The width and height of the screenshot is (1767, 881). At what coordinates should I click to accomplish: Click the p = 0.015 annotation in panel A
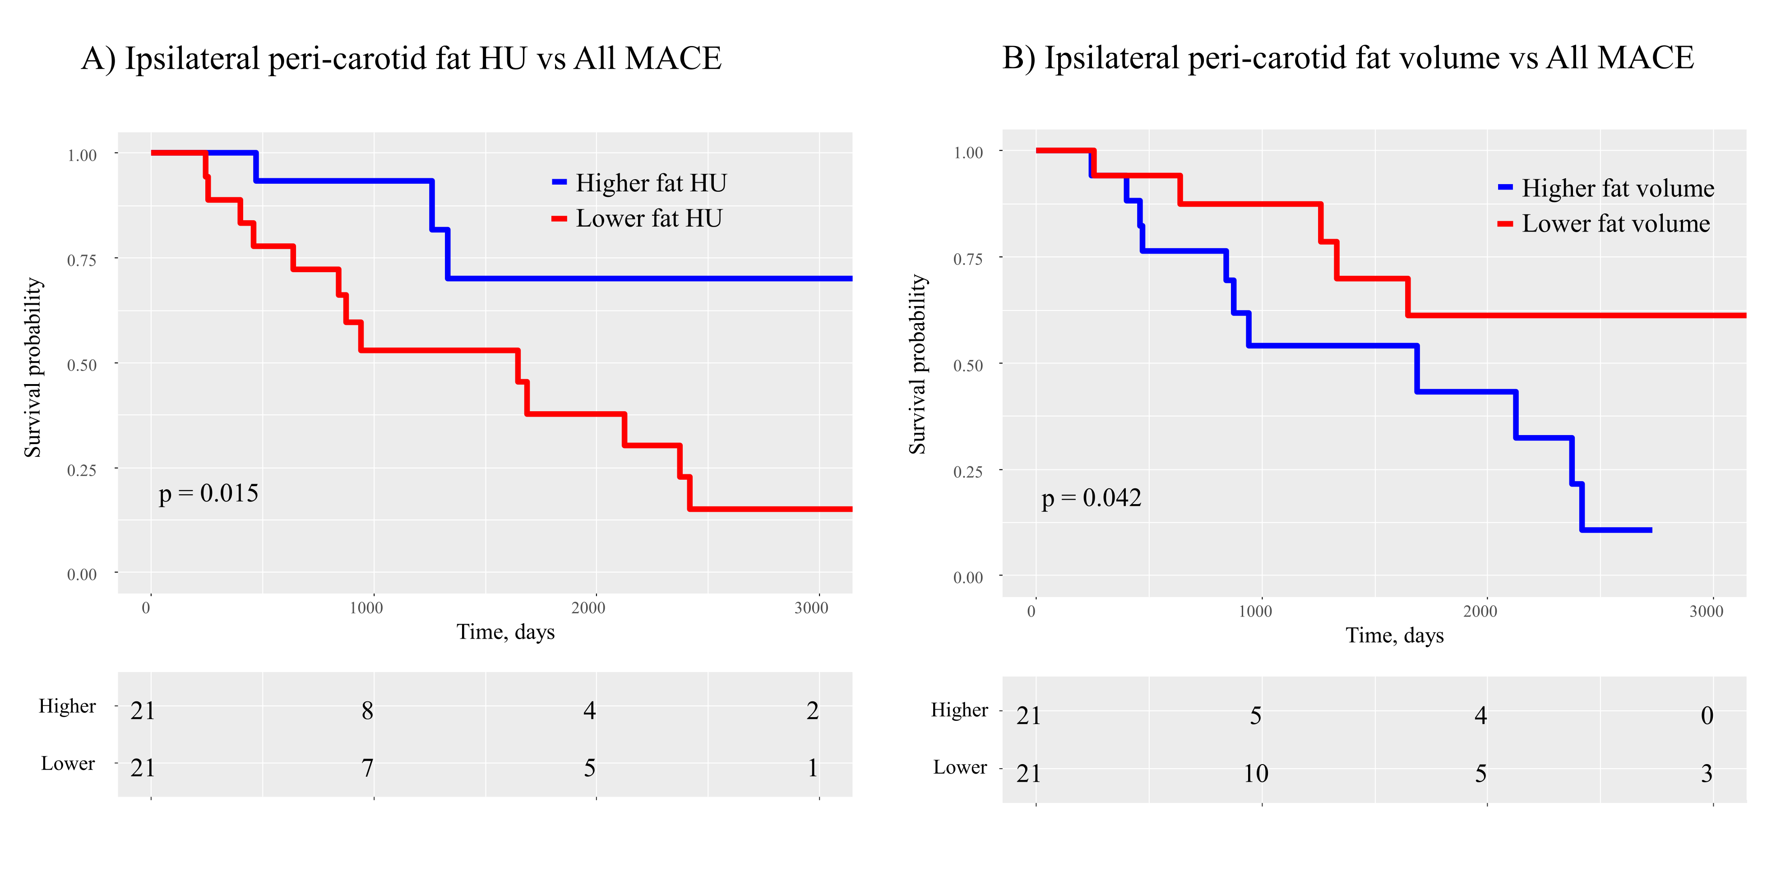click(208, 493)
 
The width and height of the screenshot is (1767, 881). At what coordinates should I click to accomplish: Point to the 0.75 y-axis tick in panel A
click(82, 260)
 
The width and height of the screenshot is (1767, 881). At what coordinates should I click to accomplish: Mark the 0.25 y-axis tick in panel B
click(968, 471)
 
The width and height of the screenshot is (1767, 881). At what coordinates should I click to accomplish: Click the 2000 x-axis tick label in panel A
click(588, 608)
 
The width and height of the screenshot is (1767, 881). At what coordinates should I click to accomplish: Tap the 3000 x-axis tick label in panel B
click(1706, 612)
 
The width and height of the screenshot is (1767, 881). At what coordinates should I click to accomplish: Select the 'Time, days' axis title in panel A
click(505, 632)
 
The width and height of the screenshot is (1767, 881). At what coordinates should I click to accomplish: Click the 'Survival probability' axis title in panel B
click(918, 364)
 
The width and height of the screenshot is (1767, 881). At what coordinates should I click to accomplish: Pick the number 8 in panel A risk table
click(368, 711)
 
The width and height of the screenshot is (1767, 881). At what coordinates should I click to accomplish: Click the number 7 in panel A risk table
click(368, 768)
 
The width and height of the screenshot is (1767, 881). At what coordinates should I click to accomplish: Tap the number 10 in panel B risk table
click(1256, 774)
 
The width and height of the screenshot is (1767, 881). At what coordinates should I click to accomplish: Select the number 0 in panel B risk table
click(1707, 716)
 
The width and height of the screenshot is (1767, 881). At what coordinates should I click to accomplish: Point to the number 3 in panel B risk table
click(1707, 774)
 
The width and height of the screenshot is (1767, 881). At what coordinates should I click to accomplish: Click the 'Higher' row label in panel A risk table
click(67, 706)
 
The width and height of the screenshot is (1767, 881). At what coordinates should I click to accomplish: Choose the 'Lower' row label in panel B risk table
click(960, 767)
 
